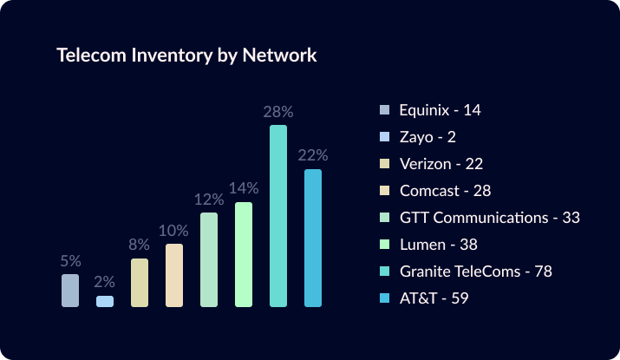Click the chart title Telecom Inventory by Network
pos(186,56)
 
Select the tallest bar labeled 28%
pos(278,216)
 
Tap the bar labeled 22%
pos(313,238)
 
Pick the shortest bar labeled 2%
pos(105,301)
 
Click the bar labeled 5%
pos(70,291)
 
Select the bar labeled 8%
pos(140,283)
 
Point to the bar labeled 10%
pos(174,275)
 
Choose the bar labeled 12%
pos(209,259)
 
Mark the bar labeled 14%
pos(244,254)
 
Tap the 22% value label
pos(313,155)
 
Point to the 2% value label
pos(105,282)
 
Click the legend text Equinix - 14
pos(440,110)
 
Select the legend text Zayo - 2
pos(428,137)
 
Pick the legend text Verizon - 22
pos(441,164)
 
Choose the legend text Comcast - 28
pos(446,191)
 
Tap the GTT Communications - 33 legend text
pos(489,218)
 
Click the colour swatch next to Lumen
pos(385,245)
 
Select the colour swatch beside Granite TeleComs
pos(385,272)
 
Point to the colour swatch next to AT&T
pos(385,298)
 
